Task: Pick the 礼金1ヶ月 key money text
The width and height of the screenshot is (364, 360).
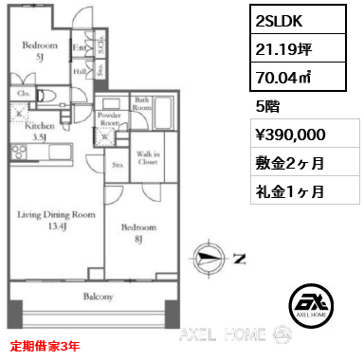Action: [x=290, y=191]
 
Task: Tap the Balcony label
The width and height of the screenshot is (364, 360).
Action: [x=99, y=297]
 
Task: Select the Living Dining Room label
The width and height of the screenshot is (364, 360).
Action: [x=57, y=216]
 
